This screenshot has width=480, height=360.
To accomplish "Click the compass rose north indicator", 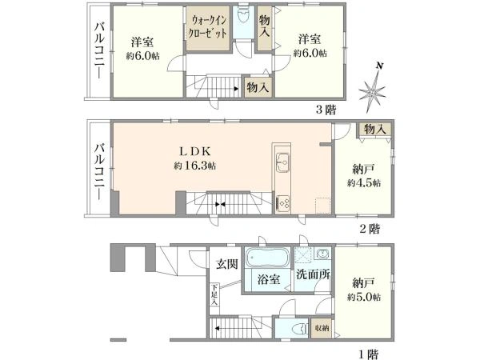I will click(374, 88).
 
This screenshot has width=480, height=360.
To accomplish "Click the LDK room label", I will click(194, 150).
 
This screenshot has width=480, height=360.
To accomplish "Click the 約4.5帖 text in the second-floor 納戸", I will click(364, 183).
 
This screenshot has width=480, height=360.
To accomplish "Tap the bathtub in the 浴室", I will click(269, 258).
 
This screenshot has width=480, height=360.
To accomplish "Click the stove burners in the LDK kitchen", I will click(282, 202).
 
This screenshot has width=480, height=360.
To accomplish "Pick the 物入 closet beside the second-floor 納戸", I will click(374, 130).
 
